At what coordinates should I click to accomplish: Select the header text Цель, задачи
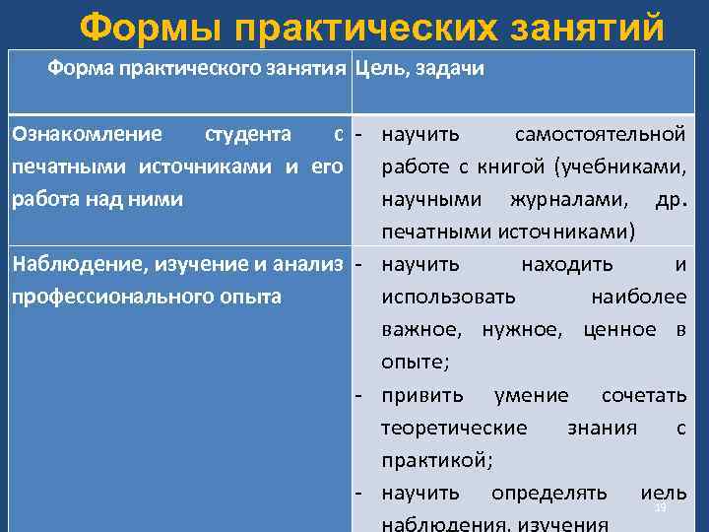tap(419, 70)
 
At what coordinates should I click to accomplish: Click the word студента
tap(246, 133)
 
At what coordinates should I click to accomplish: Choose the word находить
tap(567, 264)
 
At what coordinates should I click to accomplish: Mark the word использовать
tap(448, 297)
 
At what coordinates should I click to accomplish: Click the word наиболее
tap(638, 297)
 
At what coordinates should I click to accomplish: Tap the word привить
tap(421, 395)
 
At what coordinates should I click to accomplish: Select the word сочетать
tap(644, 395)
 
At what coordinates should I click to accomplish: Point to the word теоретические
tap(454, 428)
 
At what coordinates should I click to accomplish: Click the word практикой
tap(437, 460)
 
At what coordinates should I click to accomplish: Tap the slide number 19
tap(660, 506)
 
